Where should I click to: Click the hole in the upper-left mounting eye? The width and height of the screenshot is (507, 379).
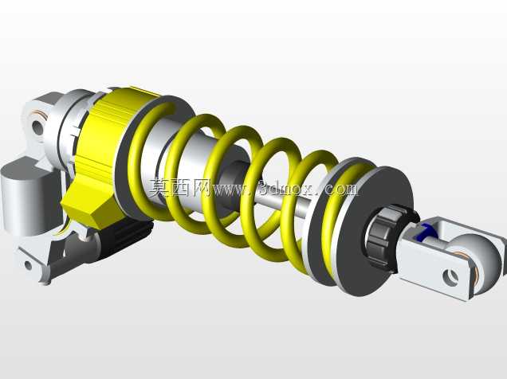click(x=37, y=127)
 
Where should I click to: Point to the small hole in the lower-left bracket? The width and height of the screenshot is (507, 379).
click(x=28, y=265)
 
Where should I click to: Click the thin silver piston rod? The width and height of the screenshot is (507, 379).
click(x=285, y=202)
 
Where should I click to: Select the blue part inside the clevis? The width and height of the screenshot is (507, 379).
click(x=427, y=232)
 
